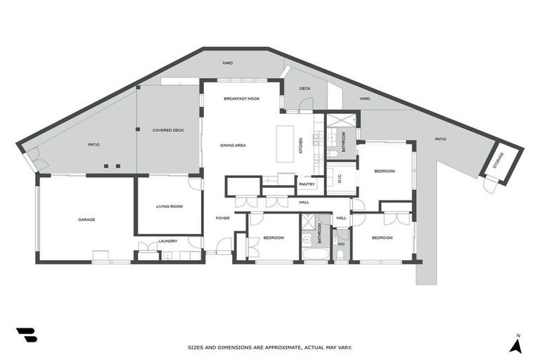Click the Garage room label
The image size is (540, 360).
tap(86, 219)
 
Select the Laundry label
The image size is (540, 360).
tap(167, 241)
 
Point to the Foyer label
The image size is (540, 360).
tap(222, 219)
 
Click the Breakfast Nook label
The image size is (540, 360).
tap(241, 98)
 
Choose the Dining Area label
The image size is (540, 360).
tap(233, 145)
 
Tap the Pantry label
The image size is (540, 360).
tap(307, 185)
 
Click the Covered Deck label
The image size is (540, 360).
tap(168, 130)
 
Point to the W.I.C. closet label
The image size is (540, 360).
tap(340, 180)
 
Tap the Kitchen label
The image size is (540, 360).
tap(301, 146)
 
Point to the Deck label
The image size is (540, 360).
tap(304, 89)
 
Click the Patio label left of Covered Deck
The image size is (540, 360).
tap(94, 145)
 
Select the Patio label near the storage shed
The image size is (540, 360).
tap(440, 139)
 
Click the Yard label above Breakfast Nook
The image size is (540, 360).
tap(227, 63)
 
